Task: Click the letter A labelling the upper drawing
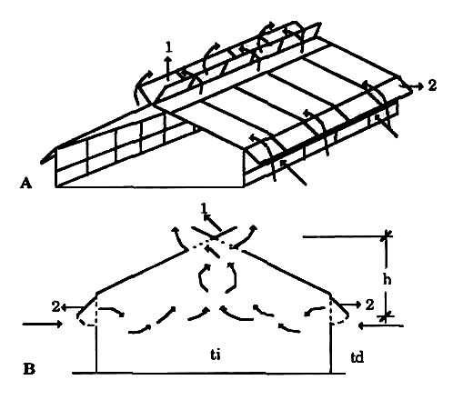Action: [x=25, y=183]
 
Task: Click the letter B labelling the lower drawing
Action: [x=29, y=369]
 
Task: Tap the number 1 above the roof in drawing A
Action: [x=169, y=47]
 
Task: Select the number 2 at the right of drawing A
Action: [x=432, y=85]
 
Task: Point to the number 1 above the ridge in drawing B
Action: [x=204, y=208]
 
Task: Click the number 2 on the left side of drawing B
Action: [x=55, y=306]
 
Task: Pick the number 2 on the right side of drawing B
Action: [x=369, y=305]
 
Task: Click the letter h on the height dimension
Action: [x=387, y=280]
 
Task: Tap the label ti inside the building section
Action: [x=216, y=355]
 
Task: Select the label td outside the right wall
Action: [x=357, y=357]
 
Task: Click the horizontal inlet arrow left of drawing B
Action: [x=43, y=325]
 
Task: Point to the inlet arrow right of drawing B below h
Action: [x=380, y=326]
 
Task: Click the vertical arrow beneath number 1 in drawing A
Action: [x=167, y=68]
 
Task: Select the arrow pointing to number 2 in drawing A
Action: [x=411, y=85]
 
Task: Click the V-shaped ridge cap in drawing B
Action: [x=214, y=233]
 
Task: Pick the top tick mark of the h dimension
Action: [x=386, y=236]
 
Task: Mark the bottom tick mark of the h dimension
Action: [x=386, y=317]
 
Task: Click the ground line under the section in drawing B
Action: [x=208, y=373]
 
